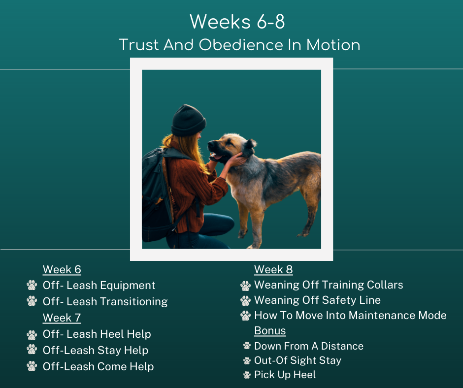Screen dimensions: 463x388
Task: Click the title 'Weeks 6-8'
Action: (x=237, y=22)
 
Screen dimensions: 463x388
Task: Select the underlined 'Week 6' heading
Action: (x=62, y=270)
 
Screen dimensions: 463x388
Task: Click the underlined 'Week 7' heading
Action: (x=62, y=318)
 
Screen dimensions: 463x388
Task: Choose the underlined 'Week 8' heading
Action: (x=273, y=270)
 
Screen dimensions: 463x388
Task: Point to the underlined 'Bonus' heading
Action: (x=270, y=331)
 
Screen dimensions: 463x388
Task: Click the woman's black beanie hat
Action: (x=188, y=121)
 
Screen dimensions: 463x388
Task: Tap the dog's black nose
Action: (x=211, y=144)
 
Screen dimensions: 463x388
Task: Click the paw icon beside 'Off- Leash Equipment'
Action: (x=32, y=285)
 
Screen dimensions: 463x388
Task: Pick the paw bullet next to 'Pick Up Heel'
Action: (x=247, y=375)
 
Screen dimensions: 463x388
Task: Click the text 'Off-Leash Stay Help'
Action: (x=96, y=350)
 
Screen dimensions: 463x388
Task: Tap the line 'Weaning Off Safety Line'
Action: (x=317, y=300)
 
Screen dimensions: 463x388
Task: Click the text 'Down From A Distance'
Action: (x=309, y=346)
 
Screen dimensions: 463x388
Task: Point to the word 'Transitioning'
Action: (x=134, y=302)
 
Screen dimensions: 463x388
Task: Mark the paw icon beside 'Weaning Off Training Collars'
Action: (x=245, y=286)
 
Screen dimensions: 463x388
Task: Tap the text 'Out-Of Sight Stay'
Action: (x=298, y=360)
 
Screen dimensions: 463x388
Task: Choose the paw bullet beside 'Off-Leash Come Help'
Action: (x=32, y=366)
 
